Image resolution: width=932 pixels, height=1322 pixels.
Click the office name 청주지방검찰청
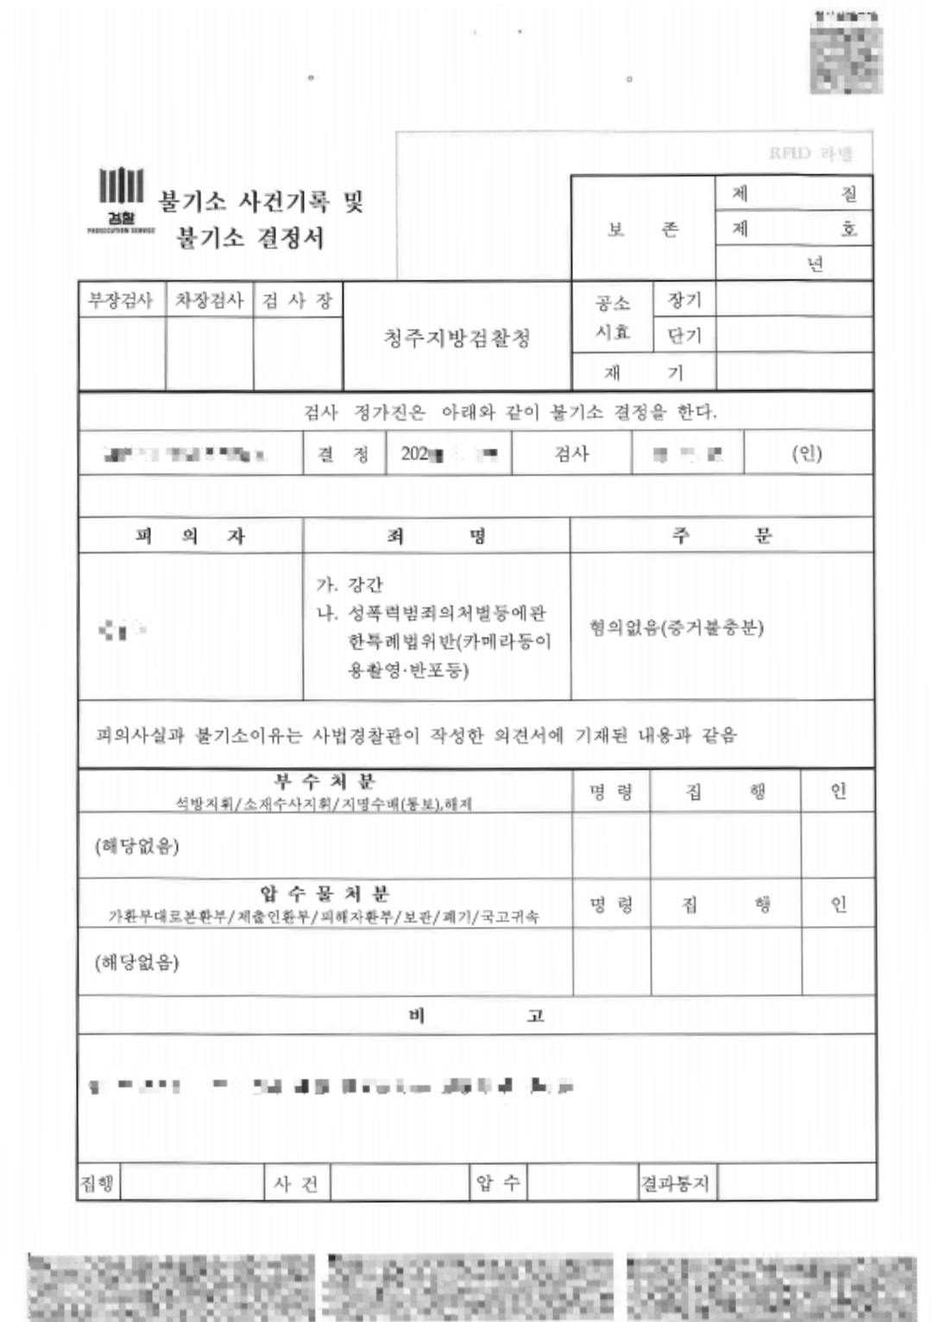(x=457, y=337)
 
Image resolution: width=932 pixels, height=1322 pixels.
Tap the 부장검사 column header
(x=121, y=300)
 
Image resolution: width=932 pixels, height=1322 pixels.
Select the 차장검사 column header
(x=209, y=300)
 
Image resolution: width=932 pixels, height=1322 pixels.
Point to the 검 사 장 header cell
(x=298, y=300)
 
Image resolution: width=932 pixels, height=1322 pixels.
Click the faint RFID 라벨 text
(x=810, y=154)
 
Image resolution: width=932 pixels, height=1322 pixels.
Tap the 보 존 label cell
(x=643, y=229)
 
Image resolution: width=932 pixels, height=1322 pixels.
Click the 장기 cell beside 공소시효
(x=684, y=300)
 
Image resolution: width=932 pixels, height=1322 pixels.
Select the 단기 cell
(x=684, y=336)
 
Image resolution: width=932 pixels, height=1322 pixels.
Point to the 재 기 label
(x=643, y=373)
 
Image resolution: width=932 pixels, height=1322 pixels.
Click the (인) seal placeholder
(x=807, y=453)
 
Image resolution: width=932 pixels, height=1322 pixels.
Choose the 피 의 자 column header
(x=190, y=536)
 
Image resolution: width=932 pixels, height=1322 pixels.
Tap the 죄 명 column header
(x=436, y=536)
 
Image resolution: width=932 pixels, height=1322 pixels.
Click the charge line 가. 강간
(x=349, y=584)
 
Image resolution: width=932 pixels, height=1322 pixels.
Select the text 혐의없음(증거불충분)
(x=677, y=627)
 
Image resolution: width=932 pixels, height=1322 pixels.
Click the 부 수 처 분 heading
(x=324, y=782)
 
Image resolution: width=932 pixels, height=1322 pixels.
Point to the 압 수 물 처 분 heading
(x=324, y=893)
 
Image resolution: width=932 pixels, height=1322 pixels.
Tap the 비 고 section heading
(x=475, y=1016)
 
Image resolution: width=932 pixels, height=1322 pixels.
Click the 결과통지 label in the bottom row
(x=675, y=1183)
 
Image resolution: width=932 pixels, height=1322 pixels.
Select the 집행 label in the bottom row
(x=97, y=1183)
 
